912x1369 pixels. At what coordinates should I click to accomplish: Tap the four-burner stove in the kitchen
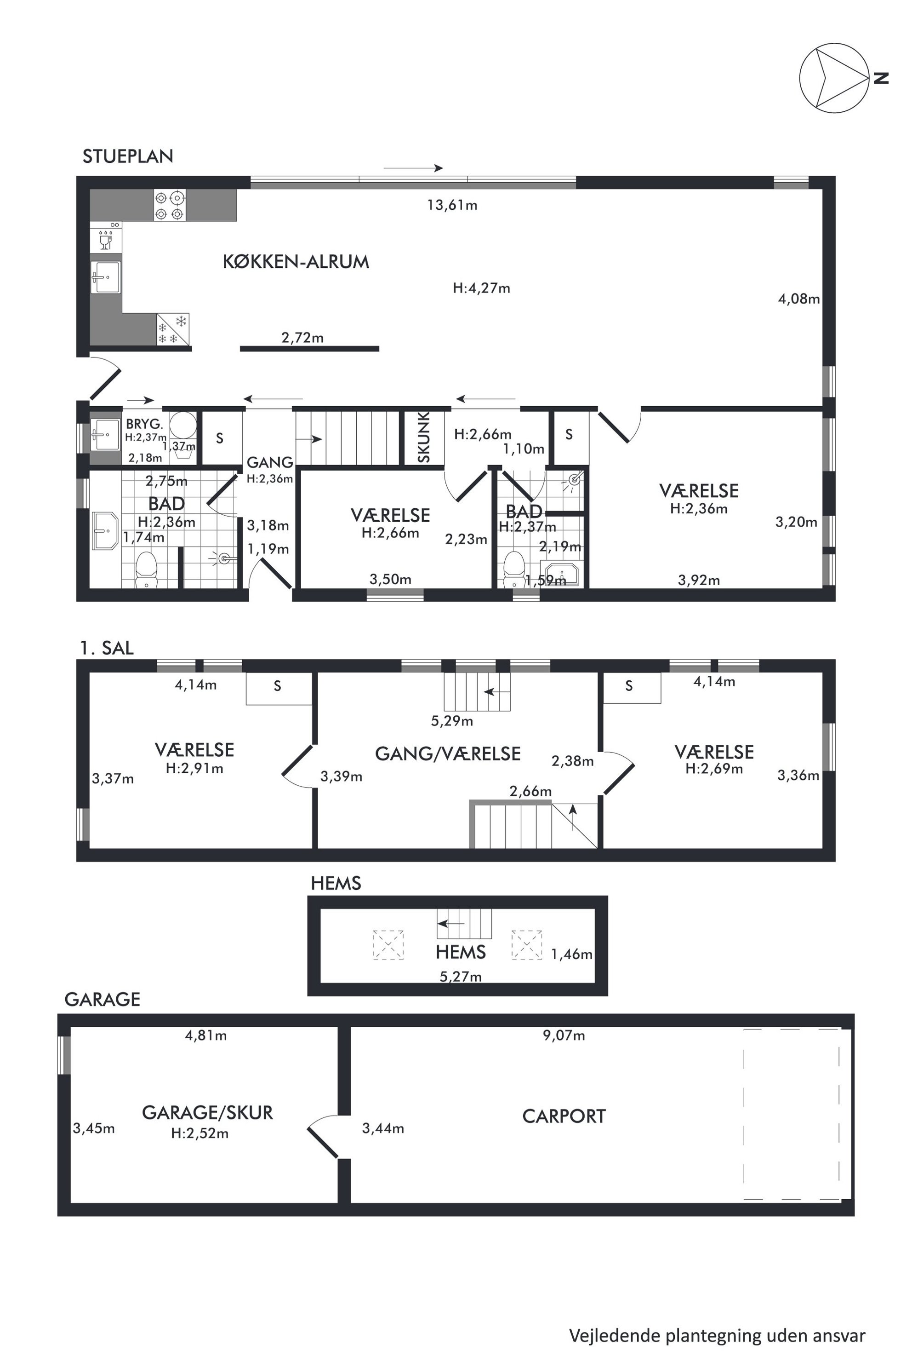(170, 206)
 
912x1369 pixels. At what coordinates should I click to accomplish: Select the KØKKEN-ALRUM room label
(296, 262)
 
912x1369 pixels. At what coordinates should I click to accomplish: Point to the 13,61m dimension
(452, 205)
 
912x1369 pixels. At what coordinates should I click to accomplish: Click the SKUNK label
(424, 437)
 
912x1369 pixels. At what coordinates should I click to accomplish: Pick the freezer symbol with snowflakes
(173, 329)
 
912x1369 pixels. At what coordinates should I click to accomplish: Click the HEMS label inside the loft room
(461, 952)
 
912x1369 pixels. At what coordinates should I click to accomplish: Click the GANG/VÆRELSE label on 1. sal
(448, 754)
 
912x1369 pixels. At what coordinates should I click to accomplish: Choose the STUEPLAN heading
(128, 156)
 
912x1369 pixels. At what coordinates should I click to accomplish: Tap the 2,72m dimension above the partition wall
(302, 338)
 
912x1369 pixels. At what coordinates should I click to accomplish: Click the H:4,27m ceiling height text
(482, 288)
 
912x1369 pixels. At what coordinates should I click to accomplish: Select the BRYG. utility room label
(144, 424)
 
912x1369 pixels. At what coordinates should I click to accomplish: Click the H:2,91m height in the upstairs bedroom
(194, 768)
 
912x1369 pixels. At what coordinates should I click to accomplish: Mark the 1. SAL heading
(107, 648)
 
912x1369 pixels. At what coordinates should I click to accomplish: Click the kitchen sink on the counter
(106, 277)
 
